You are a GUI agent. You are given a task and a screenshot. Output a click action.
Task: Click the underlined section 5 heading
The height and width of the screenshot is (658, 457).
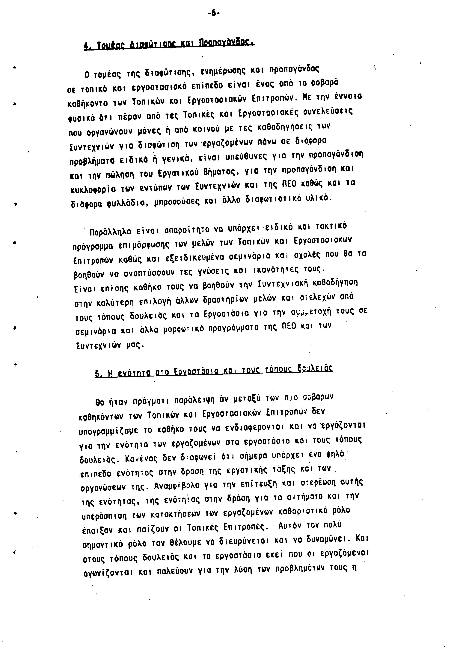214,372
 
